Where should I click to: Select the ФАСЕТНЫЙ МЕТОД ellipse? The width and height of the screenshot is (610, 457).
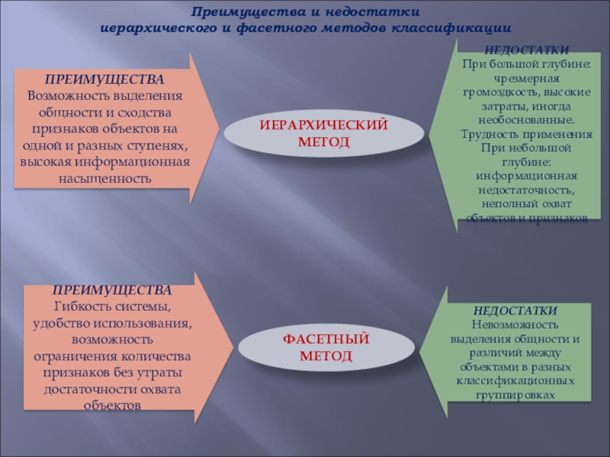[x=326, y=347]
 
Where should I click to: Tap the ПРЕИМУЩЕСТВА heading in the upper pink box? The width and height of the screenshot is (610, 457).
[x=104, y=79]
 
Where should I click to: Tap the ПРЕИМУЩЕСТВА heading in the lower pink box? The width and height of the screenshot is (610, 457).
[x=112, y=291]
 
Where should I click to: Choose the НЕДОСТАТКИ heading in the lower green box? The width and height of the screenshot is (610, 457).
[x=515, y=312]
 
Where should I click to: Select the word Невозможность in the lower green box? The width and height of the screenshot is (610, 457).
[x=515, y=324]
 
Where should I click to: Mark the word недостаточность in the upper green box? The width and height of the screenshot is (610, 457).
[x=525, y=190]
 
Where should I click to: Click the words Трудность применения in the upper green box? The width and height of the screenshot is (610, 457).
[x=526, y=134]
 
